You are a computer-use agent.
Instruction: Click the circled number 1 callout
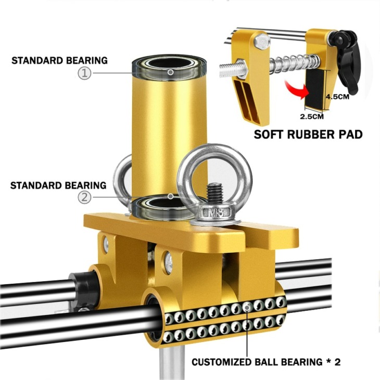[x=84, y=73]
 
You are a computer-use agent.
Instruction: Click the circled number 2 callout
[x=84, y=197]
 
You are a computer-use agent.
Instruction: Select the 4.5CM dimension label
[x=337, y=97]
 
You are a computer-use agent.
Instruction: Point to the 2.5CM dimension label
[x=312, y=117]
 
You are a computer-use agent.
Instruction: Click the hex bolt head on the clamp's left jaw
[x=262, y=42]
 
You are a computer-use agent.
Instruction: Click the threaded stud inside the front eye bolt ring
[x=214, y=194]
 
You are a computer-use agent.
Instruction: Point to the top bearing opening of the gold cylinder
[x=169, y=64]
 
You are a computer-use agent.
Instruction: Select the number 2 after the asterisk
[x=337, y=362]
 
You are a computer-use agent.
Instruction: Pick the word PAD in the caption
[x=352, y=134]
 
